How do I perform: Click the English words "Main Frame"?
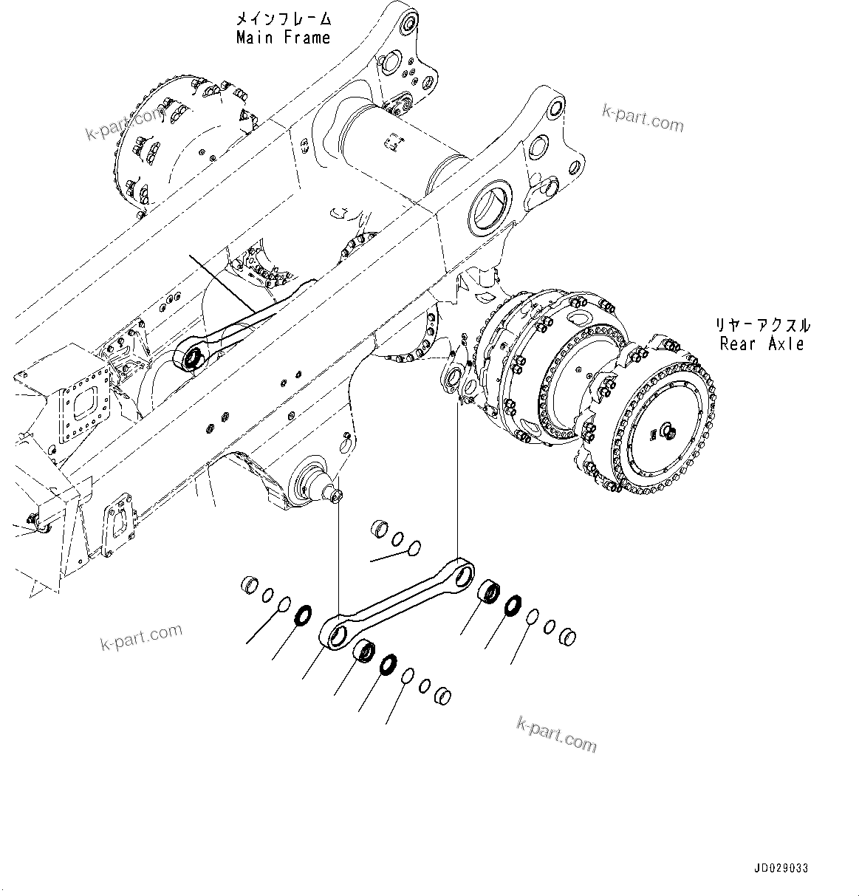point(283,38)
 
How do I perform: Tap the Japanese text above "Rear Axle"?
point(761,325)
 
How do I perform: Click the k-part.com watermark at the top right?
point(643,118)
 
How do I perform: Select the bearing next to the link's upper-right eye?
point(489,591)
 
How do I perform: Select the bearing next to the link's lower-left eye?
point(364,652)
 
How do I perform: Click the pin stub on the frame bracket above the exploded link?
point(337,497)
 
